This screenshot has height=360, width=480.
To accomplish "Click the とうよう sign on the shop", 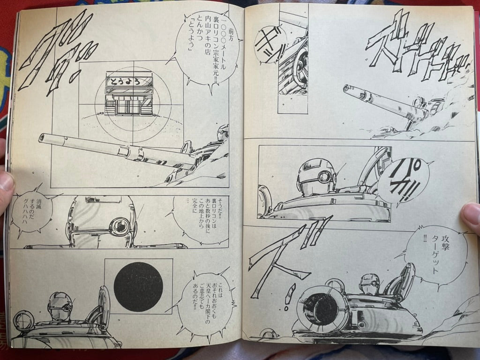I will (129, 81).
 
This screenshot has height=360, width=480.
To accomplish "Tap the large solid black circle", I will (138, 287).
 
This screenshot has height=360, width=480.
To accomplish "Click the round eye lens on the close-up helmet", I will (120, 226).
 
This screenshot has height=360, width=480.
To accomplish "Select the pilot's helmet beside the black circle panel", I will (60, 306).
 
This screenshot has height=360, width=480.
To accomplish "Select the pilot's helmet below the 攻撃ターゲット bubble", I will (369, 284).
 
